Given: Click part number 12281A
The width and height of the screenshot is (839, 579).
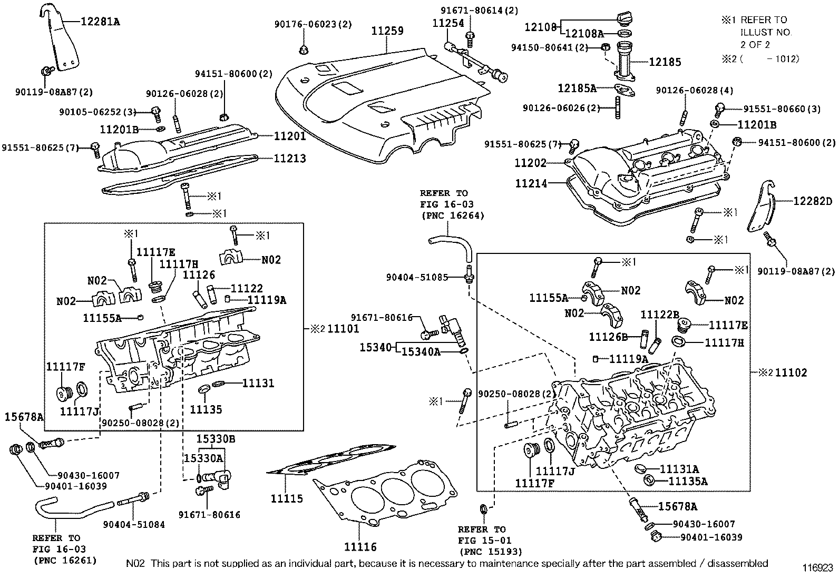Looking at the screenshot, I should (100, 22).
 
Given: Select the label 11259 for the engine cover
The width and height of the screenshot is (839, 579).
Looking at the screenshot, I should (387, 31).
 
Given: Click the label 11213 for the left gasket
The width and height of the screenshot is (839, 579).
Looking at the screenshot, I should (289, 158).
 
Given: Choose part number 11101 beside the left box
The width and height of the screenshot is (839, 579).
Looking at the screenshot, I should (343, 329).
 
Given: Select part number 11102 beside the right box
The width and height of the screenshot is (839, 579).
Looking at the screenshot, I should (791, 372).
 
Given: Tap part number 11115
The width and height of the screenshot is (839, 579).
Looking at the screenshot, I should (287, 498).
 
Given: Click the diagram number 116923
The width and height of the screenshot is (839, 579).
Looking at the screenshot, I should (817, 568).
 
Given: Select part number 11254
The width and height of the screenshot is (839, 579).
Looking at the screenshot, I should (448, 23).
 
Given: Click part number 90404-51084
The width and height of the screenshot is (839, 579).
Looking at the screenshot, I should (134, 524).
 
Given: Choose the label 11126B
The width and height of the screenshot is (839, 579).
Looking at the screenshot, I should (608, 337).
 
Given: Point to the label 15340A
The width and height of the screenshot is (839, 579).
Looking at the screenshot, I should (421, 351).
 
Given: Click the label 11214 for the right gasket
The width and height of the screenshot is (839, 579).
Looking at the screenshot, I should (531, 183).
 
